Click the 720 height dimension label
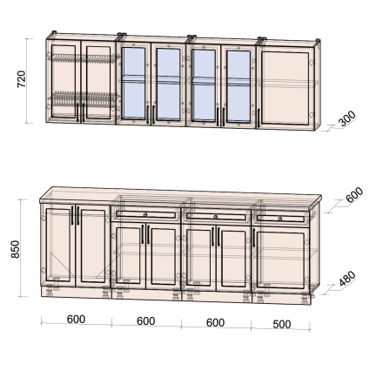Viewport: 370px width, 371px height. [22, 78]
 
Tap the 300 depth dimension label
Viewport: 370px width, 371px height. [347, 118]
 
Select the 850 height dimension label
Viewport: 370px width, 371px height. [15, 249]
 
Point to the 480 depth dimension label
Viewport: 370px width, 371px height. [347, 279]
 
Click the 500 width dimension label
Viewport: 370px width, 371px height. [282, 324]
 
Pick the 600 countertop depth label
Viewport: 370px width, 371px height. [354, 194]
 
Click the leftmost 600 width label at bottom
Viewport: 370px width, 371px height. [76, 320]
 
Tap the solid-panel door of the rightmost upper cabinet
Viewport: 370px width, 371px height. [285, 88]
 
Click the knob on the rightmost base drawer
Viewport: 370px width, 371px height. [279, 219]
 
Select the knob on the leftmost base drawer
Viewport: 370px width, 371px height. [145, 214]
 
